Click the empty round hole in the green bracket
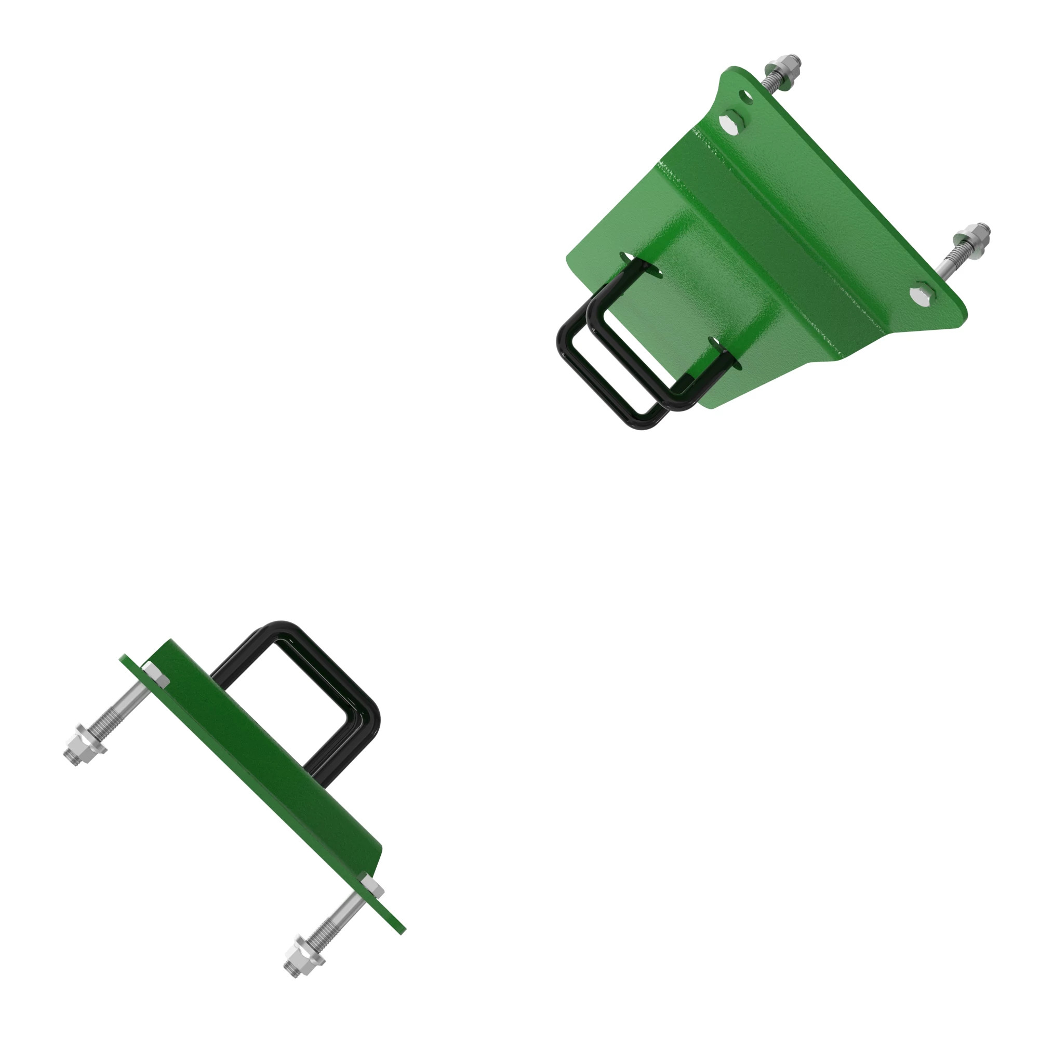tap(747, 97)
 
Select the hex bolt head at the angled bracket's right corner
tap(921, 295)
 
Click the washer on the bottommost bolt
tap(311, 952)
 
